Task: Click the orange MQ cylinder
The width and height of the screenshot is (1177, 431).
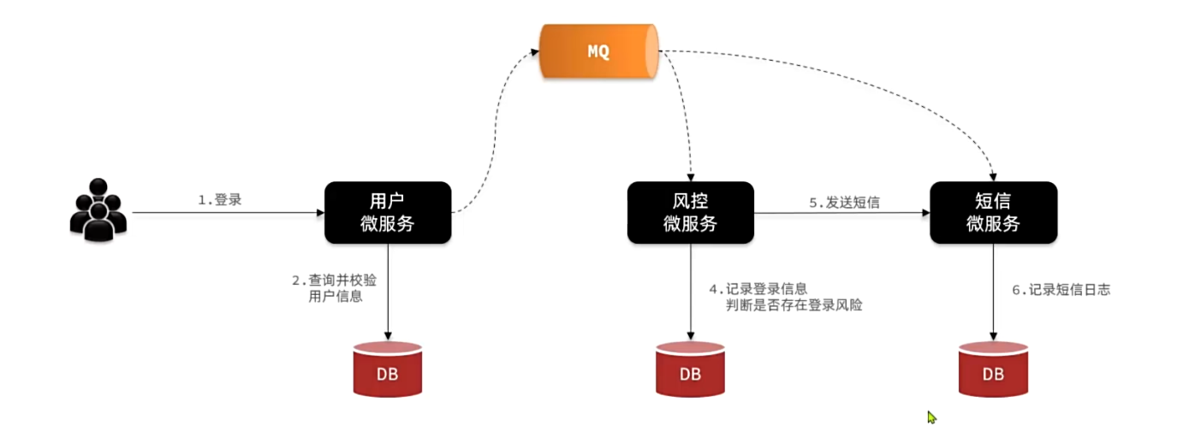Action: tap(598, 50)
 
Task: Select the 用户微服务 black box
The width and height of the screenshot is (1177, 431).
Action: tap(388, 212)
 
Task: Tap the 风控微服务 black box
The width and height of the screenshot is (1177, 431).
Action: tap(691, 212)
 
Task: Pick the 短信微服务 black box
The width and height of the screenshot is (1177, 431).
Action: tap(994, 212)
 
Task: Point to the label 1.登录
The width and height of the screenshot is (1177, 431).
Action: tap(220, 200)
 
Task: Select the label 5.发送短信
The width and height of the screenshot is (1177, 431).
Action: tap(844, 203)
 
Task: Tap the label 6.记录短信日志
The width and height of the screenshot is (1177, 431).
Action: tap(1061, 290)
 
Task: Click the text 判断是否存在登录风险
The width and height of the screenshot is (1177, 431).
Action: tap(794, 304)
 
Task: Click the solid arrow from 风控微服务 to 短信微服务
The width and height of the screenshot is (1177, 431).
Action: tap(843, 214)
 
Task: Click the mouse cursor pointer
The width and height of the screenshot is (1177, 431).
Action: tap(931, 417)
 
